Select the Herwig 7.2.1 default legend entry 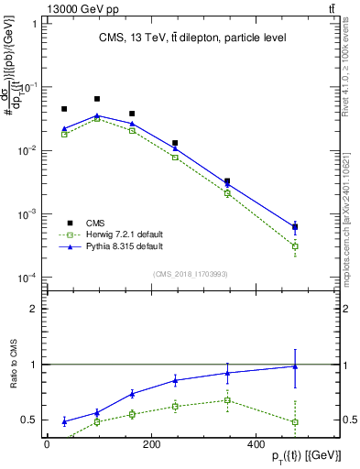click(124, 234)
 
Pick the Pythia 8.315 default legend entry click(124, 246)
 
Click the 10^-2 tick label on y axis click(26, 150)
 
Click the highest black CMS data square click(97, 99)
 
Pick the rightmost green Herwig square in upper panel click(295, 246)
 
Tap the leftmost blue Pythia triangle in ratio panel click(64, 421)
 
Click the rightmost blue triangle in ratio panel click(295, 366)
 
